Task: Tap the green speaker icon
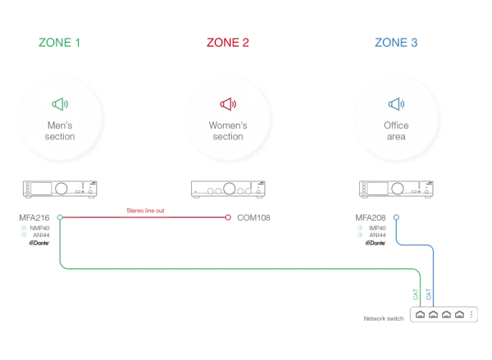61,104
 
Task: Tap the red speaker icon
227,104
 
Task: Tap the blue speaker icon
397,104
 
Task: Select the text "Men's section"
61,131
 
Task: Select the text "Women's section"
227,131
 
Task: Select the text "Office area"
397,131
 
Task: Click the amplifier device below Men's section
61,189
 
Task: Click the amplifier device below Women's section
227,189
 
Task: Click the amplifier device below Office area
397,189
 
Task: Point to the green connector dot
61,217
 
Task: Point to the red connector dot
229,217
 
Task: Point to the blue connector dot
397,217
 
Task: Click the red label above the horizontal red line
145,211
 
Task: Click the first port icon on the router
419,314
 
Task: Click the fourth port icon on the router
459,314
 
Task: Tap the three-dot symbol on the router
471,314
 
